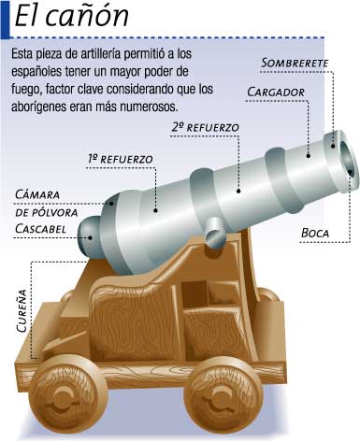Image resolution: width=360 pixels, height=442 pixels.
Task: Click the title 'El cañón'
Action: [72, 16]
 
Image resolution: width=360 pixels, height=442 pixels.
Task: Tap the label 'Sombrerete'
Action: [295, 64]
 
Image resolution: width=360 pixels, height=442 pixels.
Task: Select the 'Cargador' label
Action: [276, 93]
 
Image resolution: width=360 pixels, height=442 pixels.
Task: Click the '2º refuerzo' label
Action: [206, 127]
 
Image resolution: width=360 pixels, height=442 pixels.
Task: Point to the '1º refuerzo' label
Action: [121, 159]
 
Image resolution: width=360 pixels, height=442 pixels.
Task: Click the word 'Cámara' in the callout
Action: [37, 194]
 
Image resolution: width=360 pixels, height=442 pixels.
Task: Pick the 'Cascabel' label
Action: [40, 229]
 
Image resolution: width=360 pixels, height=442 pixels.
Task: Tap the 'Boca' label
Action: [315, 233]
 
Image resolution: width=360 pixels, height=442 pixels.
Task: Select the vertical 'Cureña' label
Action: [22, 311]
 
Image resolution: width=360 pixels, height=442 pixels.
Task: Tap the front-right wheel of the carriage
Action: [223, 397]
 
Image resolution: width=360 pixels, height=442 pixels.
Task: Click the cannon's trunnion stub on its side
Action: [216, 232]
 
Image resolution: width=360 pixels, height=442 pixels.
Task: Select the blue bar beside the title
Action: [6, 20]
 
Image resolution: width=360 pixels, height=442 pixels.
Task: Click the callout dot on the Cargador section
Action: [309, 156]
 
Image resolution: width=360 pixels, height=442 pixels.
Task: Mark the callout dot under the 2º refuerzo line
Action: [238, 191]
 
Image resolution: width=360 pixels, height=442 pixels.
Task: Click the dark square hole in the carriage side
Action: [194, 292]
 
